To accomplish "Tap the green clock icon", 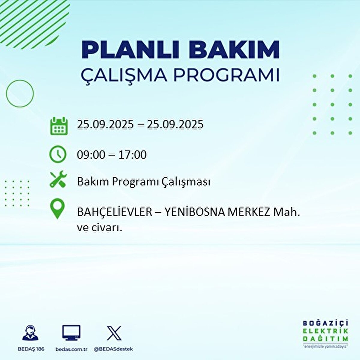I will pos(58,154).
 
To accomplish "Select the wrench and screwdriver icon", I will pos(58,179).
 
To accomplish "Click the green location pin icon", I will pos(57,209).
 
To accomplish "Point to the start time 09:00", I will pos(91,155).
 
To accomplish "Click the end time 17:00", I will pos(132,155).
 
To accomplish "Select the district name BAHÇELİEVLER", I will pos(115,212).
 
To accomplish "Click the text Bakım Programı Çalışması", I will pos(143,182).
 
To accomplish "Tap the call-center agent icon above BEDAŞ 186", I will pos(30,333).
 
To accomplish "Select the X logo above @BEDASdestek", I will pos(114,333).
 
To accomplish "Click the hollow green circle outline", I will pos(20,93).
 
